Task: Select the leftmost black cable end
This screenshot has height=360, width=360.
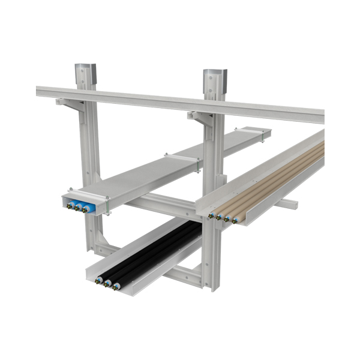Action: pos(100,279)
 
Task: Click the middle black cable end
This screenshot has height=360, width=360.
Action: pos(107,282)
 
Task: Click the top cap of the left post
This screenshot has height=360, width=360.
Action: pos(86,68)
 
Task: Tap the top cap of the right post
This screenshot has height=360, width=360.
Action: pos(215,74)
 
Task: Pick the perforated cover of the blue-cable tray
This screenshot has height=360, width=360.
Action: pos(162,165)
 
